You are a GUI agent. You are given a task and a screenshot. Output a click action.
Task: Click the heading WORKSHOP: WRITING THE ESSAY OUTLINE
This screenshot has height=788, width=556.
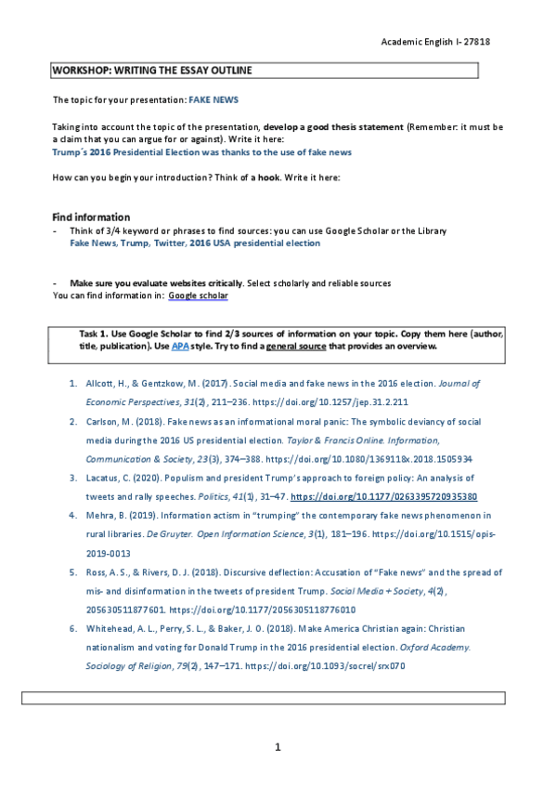[151, 71]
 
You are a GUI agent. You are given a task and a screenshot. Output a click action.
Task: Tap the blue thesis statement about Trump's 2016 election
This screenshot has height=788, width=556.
[201, 151]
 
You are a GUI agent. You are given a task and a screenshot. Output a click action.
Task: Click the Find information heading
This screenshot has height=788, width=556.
[91, 217]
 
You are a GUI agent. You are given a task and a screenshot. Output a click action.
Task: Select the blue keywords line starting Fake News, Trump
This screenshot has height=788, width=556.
[195, 243]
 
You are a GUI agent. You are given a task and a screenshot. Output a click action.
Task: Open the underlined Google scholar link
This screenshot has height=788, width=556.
[198, 295]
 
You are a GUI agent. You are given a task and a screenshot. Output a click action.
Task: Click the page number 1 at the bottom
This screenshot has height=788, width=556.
[278, 747]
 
